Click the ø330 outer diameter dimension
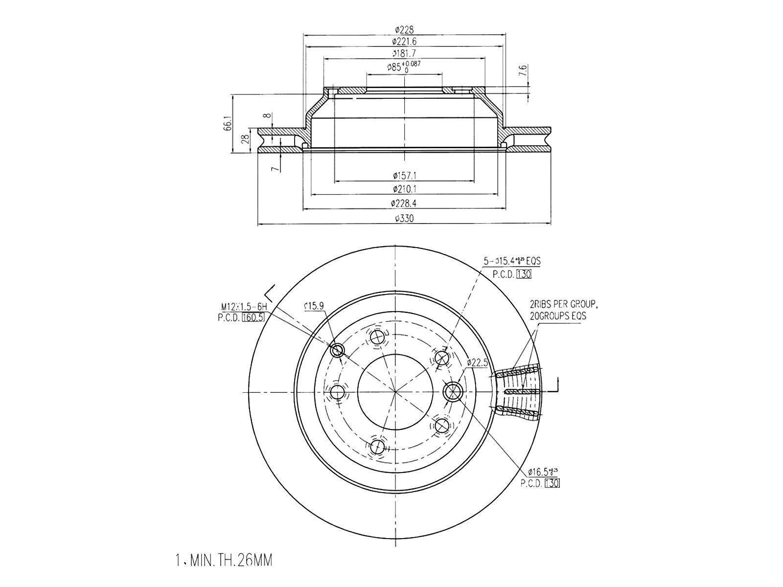tap(404, 219)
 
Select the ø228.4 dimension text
tap(404, 203)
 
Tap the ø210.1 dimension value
tap(404, 189)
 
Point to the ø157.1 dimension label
tap(404, 175)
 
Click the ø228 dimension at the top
tap(404, 30)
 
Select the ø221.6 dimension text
tap(404, 42)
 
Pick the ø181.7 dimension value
tap(404, 53)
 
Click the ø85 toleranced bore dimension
tap(405, 67)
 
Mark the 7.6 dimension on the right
tap(523, 71)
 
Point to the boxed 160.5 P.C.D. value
tap(253, 317)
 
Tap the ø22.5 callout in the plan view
tap(477, 362)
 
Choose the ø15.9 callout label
tap(313, 306)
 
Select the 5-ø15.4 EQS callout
tap(512, 261)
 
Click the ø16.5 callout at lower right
tap(542, 472)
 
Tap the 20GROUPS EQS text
tap(557, 316)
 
